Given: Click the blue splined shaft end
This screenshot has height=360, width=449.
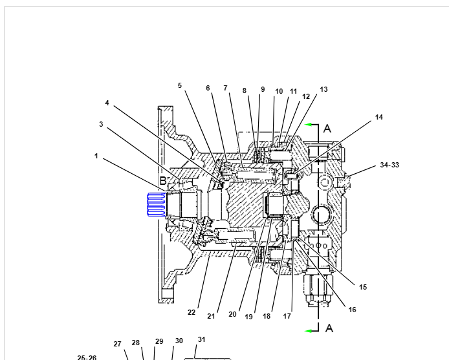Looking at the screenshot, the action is click(x=157, y=204).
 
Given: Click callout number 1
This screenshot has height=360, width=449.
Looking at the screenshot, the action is click(x=96, y=156).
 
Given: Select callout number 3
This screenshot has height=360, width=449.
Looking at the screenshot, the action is click(x=101, y=124).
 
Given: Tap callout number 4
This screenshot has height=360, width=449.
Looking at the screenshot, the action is click(x=107, y=103).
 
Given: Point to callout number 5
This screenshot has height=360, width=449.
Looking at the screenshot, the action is click(x=180, y=85).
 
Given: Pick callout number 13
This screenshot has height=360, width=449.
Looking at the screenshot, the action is click(x=323, y=89).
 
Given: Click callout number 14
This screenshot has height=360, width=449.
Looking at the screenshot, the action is click(x=379, y=117).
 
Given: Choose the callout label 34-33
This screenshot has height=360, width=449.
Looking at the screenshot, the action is click(x=389, y=165).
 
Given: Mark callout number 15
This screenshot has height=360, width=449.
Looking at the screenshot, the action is click(x=363, y=287).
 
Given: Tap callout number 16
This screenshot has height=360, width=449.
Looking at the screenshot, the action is click(x=352, y=310).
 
